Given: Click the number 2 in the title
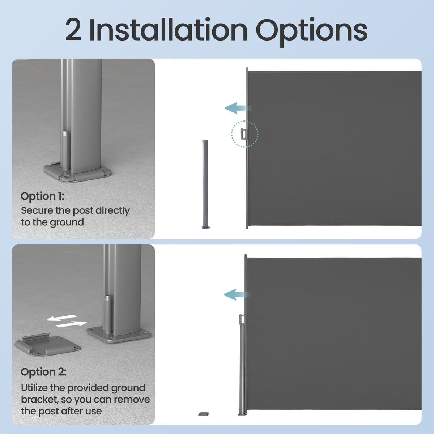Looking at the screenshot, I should [x=73, y=30].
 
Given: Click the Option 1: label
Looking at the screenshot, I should [x=42, y=196].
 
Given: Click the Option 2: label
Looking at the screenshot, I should [x=43, y=372].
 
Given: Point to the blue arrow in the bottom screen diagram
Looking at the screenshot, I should [x=235, y=294].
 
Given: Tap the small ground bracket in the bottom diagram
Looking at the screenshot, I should [x=204, y=414].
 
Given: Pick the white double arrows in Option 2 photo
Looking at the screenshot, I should [x=67, y=321].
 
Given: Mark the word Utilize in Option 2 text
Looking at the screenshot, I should [x=34, y=388].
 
